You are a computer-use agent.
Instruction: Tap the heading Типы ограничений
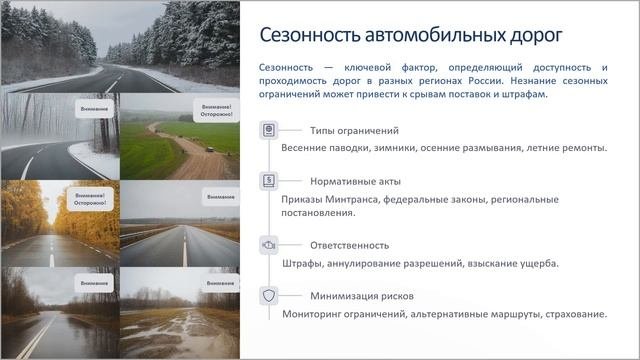[x=355, y=131]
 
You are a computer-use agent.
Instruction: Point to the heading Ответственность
[x=350, y=245]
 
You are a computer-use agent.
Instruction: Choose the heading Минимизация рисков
[x=362, y=296]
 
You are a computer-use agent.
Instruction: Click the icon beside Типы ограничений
[x=268, y=131]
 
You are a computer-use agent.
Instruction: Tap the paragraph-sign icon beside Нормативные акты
[x=268, y=181]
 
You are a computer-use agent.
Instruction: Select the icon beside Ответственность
[x=268, y=245]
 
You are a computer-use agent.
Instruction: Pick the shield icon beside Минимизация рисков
[x=268, y=296]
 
